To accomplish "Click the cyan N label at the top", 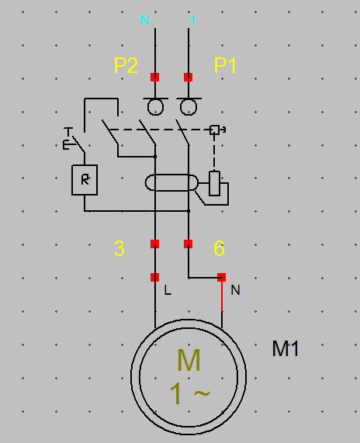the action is (x=144, y=19).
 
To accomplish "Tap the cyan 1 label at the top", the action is (x=192, y=19).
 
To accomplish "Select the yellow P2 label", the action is (x=126, y=65).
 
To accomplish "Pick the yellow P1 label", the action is (x=225, y=65).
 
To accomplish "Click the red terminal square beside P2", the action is (x=155, y=77).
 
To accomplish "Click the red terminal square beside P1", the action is (x=189, y=77).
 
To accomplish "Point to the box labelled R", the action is (x=85, y=180).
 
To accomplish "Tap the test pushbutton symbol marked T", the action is (x=74, y=140).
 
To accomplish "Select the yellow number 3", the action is (x=119, y=248).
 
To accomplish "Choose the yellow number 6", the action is (x=219, y=248).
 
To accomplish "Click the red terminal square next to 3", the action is (x=155, y=244).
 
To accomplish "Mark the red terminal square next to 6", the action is (x=189, y=244).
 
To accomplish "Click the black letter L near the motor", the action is (x=168, y=290).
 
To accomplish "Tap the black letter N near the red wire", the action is (x=235, y=290).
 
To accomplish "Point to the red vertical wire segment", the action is (x=222, y=296).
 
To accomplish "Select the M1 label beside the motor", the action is (x=285, y=348).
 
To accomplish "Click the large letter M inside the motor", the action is (x=189, y=360).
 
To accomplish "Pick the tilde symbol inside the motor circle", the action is (x=202, y=393).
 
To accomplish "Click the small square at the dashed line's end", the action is (x=214, y=130).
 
